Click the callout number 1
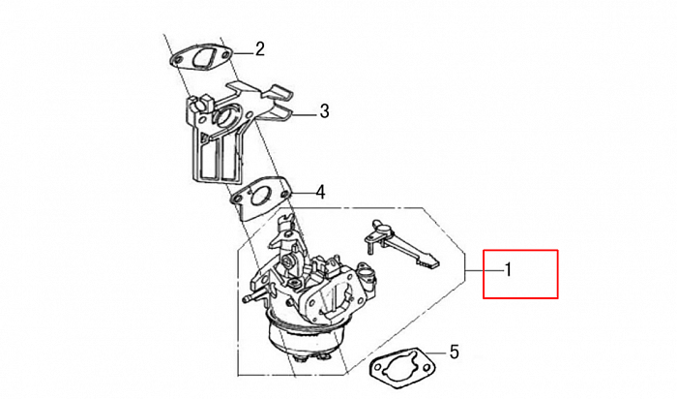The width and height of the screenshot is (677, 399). [x=508, y=270]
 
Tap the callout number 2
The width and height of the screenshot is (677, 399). [x=259, y=49]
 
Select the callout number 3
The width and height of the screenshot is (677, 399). [x=324, y=111]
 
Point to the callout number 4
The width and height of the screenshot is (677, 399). [x=320, y=192]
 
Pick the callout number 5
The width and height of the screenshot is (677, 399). [x=455, y=352]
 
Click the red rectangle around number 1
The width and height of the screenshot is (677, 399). [x=520, y=274]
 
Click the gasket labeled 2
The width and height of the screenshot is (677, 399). [x=202, y=57]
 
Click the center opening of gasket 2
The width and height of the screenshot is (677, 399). [x=203, y=57]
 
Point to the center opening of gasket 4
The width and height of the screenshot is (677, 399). [x=260, y=197]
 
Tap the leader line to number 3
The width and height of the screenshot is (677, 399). [x=306, y=114]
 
